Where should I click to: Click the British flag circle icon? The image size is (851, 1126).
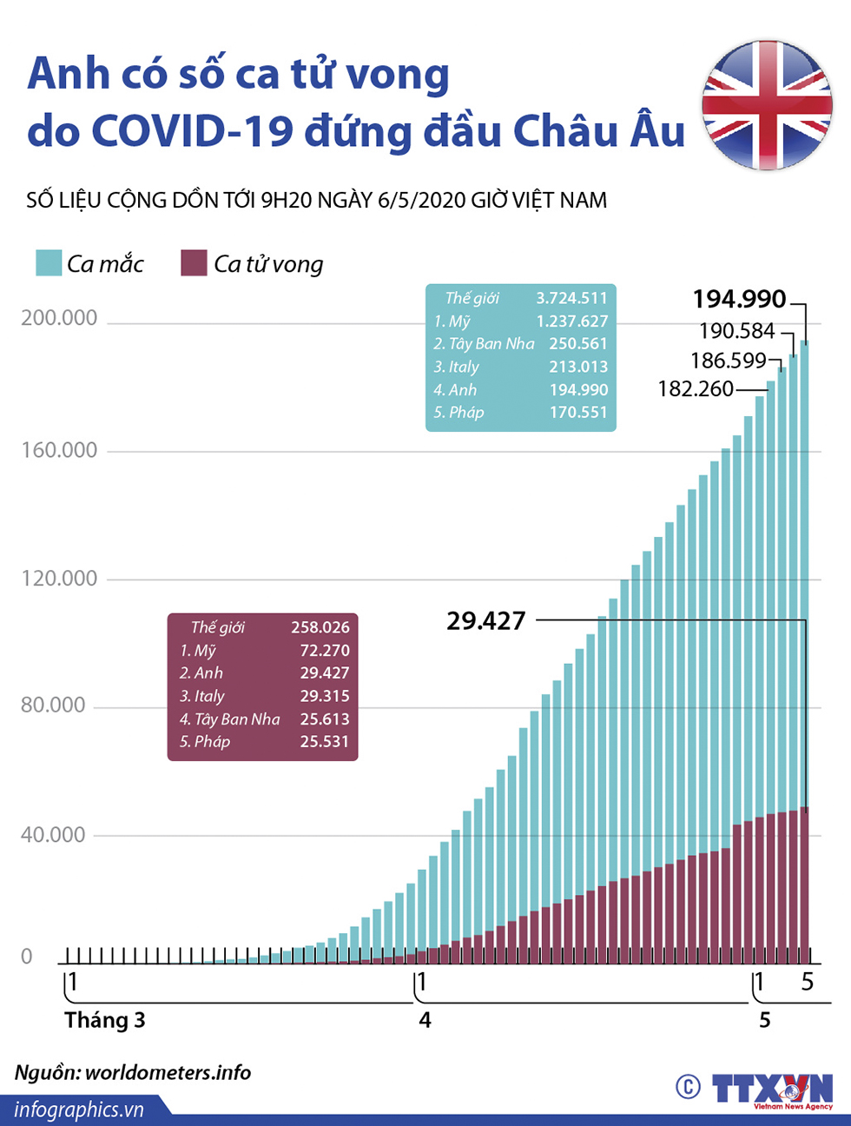tap(767, 105)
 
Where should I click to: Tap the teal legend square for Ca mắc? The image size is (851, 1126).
tap(49, 262)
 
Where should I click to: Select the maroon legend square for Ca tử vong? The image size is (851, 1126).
tap(194, 262)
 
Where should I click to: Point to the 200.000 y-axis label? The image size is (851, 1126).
tap(59, 318)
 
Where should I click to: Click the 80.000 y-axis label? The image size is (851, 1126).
tap(53, 705)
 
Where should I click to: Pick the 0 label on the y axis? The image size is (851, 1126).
tap(26, 957)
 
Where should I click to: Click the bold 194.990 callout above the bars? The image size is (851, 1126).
tap(739, 299)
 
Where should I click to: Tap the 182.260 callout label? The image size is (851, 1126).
tap(696, 388)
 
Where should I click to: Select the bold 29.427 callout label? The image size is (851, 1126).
tap(485, 620)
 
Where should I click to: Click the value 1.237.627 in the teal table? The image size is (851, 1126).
tap(571, 321)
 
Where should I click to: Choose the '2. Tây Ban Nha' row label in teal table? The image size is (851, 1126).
tap(484, 343)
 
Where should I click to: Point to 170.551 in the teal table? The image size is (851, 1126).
tap(577, 412)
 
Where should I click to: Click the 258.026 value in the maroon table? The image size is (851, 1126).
tap(320, 626)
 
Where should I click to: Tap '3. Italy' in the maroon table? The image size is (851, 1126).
tap(201, 696)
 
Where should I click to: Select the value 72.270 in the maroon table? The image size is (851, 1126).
tap(324, 650)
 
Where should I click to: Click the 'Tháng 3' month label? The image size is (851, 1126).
tap(104, 1019)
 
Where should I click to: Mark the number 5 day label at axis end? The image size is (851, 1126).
tap(808, 982)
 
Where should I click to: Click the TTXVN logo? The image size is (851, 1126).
tap(771, 1089)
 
